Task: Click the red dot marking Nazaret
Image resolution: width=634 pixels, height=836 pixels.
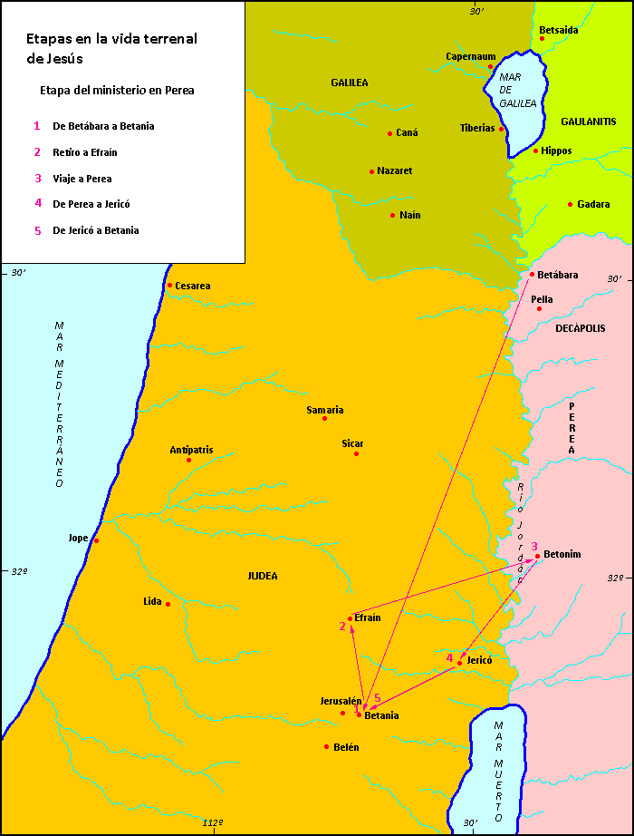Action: tap(371, 171)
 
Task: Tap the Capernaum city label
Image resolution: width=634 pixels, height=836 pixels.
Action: tap(470, 56)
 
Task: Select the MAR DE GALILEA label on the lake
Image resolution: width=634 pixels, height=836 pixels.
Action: tap(518, 91)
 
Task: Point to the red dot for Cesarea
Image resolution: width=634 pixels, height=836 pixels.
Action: tap(169, 286)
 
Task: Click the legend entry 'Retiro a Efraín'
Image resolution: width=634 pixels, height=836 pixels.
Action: tap(85, 152)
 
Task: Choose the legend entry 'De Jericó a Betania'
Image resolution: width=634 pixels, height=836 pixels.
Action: tap(96, 230)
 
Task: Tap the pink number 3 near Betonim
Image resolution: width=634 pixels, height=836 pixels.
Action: tap(534, 546)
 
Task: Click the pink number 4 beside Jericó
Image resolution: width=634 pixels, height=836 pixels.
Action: tap(449, 657)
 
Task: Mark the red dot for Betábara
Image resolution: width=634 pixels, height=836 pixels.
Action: tap(532, 275)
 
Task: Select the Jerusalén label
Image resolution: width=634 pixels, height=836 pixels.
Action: tap(341, 701)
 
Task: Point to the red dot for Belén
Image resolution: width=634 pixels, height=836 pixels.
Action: tap(326, 747)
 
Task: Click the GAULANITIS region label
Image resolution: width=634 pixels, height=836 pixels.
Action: tap(588, 122)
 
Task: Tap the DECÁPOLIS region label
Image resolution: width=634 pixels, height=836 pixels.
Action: tap(581, 328)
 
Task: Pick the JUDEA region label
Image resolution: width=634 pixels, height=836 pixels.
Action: tap(263, 576)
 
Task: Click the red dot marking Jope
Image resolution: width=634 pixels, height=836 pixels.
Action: tap(96, 541)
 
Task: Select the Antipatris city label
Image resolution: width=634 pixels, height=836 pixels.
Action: tap(191, 450)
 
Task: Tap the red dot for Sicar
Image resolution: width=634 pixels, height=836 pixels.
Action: tap(356, 454)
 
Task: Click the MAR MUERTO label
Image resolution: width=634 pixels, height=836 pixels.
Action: tap(498, 772)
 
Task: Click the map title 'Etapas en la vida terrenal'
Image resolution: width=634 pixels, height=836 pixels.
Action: tap(110, 39)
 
